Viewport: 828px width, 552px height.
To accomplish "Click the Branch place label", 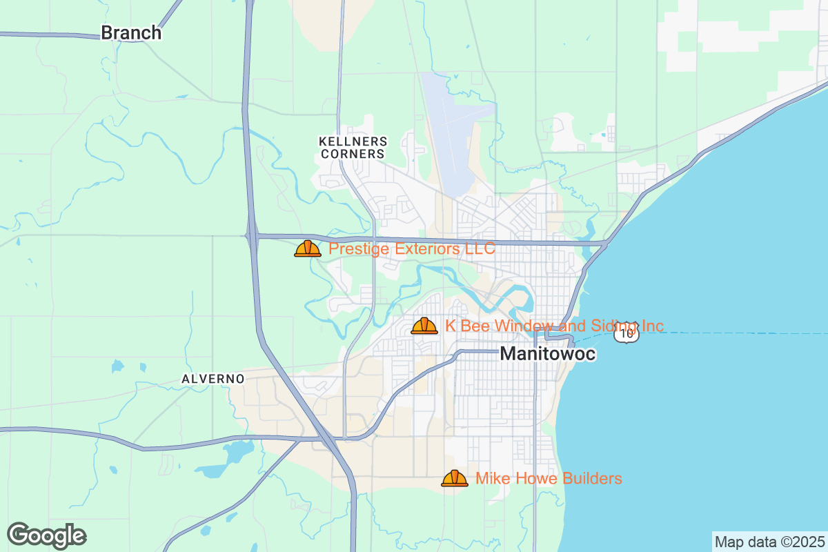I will coord(131,32).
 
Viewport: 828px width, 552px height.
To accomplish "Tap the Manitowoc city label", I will coord(547,354).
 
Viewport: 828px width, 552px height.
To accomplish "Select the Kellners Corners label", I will coord(353,147).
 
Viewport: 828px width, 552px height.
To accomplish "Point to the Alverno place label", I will coord(213,379).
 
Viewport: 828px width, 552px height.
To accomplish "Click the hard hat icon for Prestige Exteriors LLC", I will coord(308,248).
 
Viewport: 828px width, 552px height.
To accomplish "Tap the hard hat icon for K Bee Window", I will coord(424,326).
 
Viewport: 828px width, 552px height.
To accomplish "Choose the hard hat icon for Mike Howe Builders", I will coord(455,478).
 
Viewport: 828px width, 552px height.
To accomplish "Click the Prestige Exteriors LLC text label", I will coord(411,248).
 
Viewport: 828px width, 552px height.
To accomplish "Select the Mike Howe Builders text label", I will coord(549,478).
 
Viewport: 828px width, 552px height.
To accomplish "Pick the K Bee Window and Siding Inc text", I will coord(554,326).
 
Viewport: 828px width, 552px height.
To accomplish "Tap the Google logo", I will coord(47,535).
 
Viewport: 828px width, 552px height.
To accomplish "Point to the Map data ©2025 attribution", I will coord(769,542).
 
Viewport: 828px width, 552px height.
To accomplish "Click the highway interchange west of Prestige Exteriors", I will coord(251,236).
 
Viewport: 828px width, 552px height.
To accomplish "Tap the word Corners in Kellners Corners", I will coord(353,154).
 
